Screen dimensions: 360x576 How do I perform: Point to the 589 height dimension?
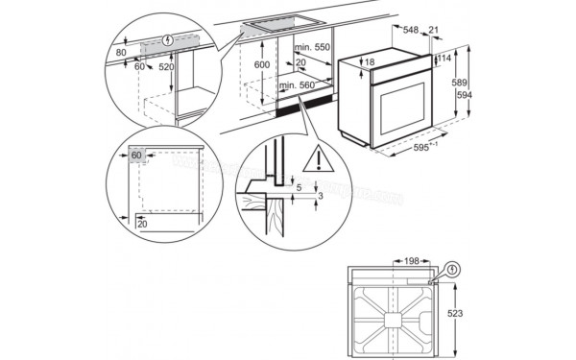click(x=459, y=82)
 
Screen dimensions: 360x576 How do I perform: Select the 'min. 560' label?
click(x=298, y=86)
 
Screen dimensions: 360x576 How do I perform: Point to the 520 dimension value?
click(x=167, y=67)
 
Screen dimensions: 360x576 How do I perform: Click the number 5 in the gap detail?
click(x=298, y=188)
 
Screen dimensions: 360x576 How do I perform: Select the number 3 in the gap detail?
click(x=320, y=196)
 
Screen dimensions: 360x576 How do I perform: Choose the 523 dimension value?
click(x=459, y=313)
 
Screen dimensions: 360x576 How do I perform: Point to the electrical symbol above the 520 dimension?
click(x=169, y=41)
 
